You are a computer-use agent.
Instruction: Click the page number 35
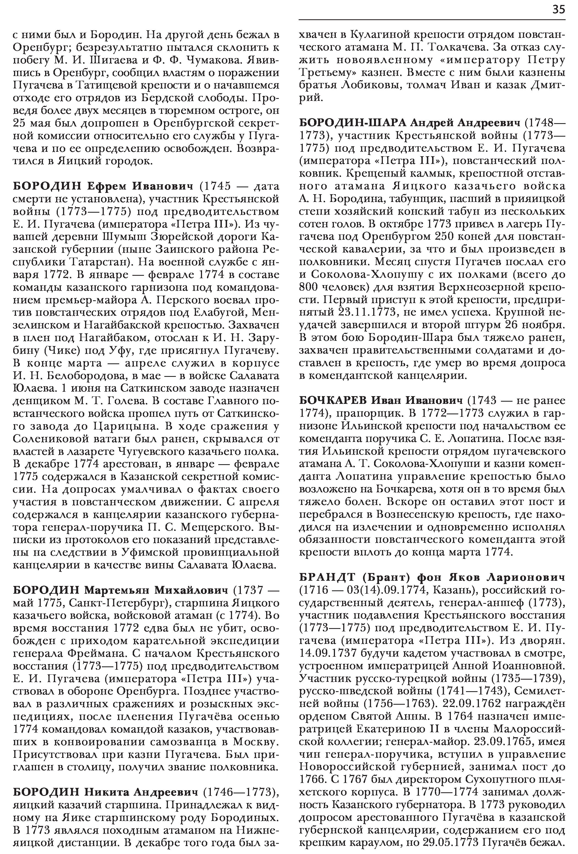pos(558,10)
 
